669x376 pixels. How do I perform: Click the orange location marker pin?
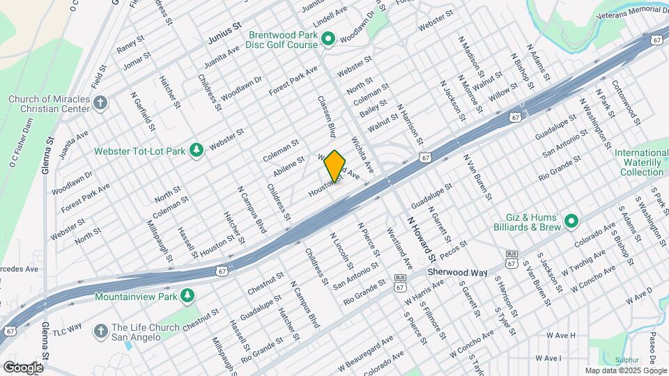pyautogui.click(x=334, y=166)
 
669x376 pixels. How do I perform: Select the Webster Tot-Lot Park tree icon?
pyautogui.click(x=197, y=150)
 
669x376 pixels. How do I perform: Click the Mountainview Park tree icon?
pyautogui.click(x=187, y=297)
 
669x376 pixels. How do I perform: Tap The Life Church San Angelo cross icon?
pyautogui.click(x=101, y=331)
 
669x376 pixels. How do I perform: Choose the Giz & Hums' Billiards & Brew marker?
pyautogui.click(x=571, y=222)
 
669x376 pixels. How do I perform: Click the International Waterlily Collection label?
pyautogui.click(x=642, y=162)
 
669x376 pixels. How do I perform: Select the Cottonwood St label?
pyautogui.click(x=625, y=103)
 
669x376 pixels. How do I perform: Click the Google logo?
pyautogui.click(x=23, y=367)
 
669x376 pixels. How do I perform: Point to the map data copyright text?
pyautogui.click(x=626, y=370)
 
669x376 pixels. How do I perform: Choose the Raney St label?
pyautogui.click(x=130, y=45)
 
